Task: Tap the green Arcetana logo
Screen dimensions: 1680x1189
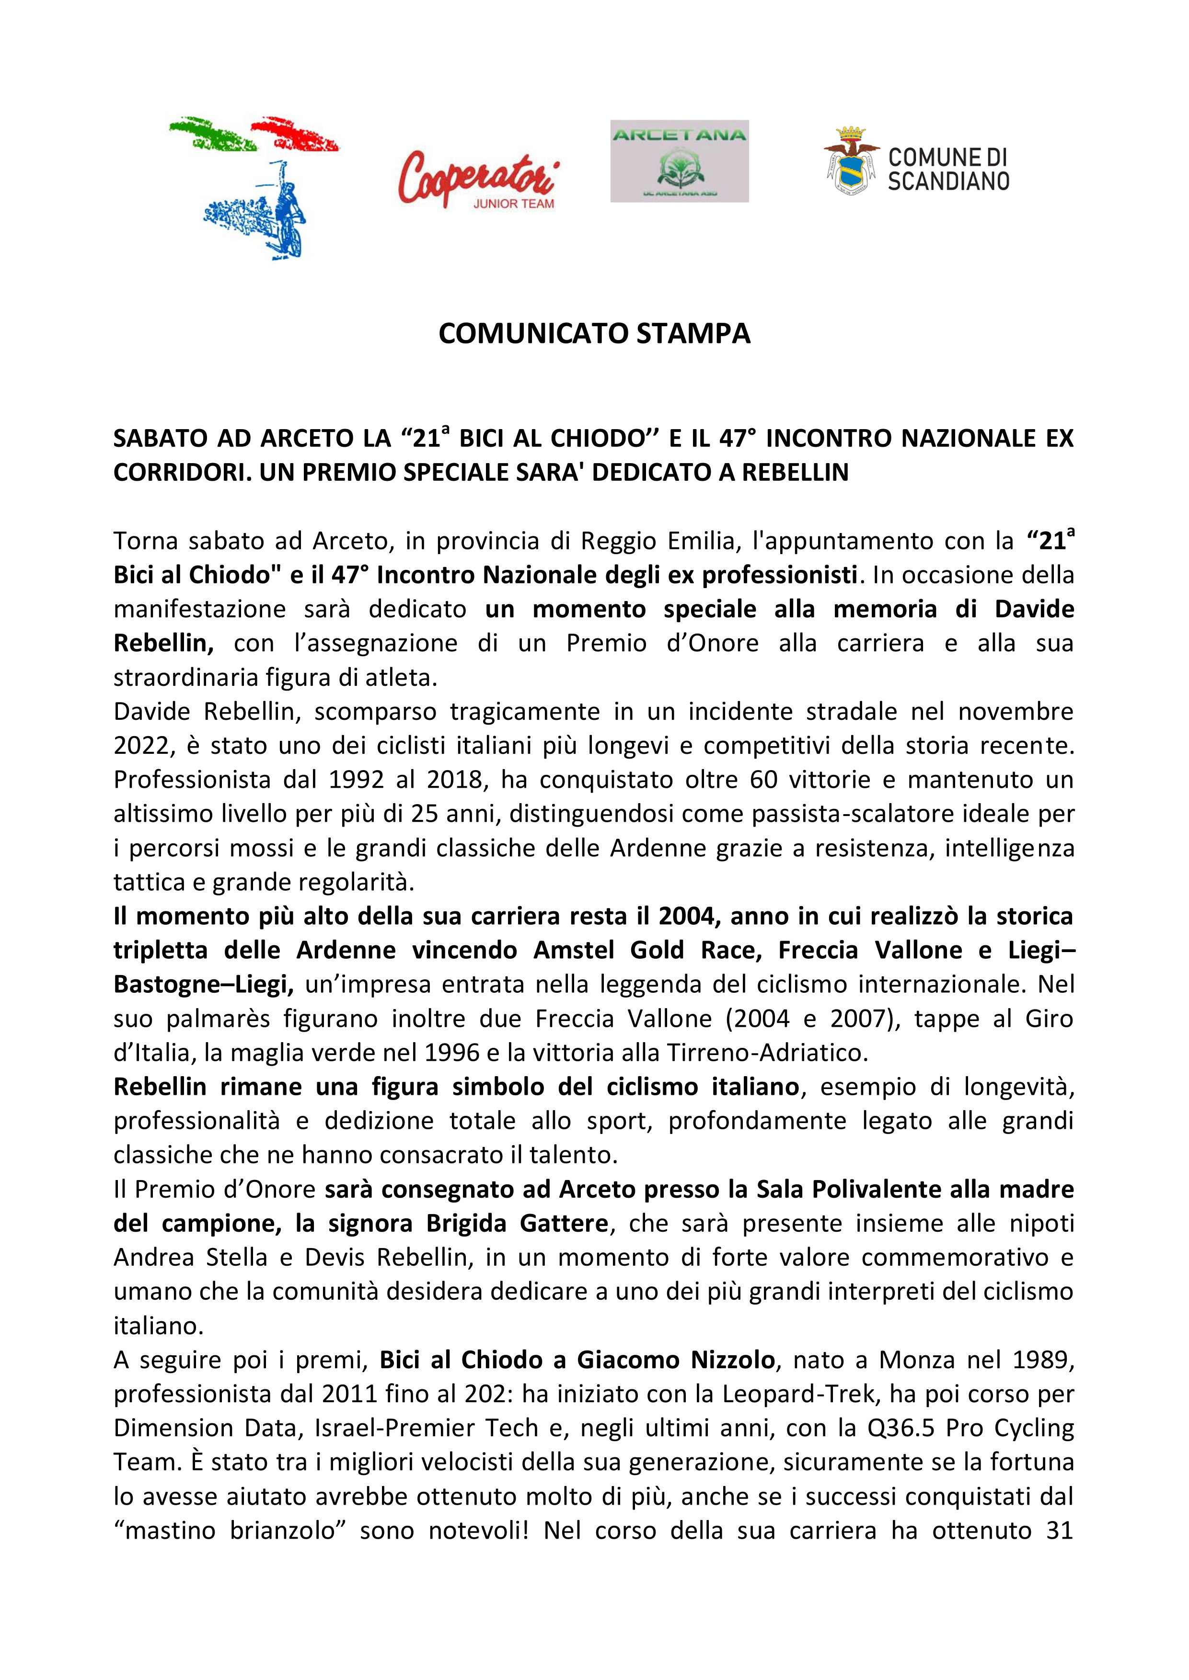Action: [x=680, y=161]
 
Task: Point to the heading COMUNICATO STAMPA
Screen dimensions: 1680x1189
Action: [x=594, y=334]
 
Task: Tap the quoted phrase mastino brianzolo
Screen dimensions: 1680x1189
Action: [x=230, y=1531]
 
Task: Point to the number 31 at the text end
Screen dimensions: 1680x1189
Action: [x=1059, y=1531]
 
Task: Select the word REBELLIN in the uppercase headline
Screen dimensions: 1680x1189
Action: [x=795, y=473]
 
